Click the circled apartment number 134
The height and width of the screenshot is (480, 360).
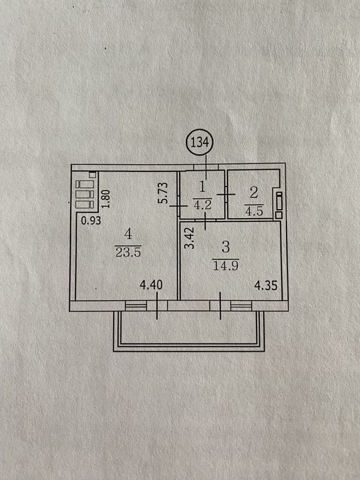(200, 143)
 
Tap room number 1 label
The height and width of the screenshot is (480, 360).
(202, 187)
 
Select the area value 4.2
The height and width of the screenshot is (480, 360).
(202, 204)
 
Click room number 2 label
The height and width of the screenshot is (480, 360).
(254, 193)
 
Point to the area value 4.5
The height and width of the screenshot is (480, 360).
(254, 211)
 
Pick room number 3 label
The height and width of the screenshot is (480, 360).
(226, 247)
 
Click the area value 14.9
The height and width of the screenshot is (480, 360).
(226, 265)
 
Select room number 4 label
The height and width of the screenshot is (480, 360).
(128, 235)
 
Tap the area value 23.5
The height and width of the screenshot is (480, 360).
(128, 252)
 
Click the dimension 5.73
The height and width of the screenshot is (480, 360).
(164, 193)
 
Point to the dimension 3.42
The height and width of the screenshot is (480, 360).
(191, 237)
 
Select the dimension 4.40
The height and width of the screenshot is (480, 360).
(152, 285)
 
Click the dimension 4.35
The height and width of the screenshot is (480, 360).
(266, 286)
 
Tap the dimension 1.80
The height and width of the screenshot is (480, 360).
(106, 199)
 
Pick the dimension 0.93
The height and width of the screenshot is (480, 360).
(91, 220)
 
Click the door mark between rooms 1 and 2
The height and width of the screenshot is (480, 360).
(226, 194)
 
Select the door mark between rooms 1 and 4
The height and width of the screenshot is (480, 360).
(178, 206)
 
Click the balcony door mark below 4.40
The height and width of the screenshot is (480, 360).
(157, 306)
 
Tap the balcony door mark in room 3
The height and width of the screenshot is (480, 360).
(220, 306)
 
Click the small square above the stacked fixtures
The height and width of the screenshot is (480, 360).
(93, 175)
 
